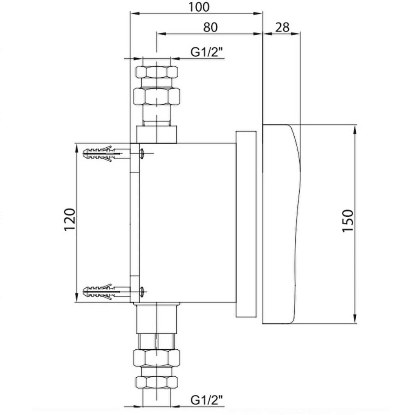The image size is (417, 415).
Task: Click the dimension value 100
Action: coord(199,7)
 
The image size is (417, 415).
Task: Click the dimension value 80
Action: coord(210,27)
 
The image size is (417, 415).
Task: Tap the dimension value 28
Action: coord(282,27)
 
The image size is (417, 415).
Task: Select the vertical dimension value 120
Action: coord(70,220)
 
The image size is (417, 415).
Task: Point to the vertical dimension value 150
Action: coord(348,221)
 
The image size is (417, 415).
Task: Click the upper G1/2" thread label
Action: coord(207,52)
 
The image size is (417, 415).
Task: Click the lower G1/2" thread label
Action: coord(207,400)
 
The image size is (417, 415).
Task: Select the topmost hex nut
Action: coord(156,72)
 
